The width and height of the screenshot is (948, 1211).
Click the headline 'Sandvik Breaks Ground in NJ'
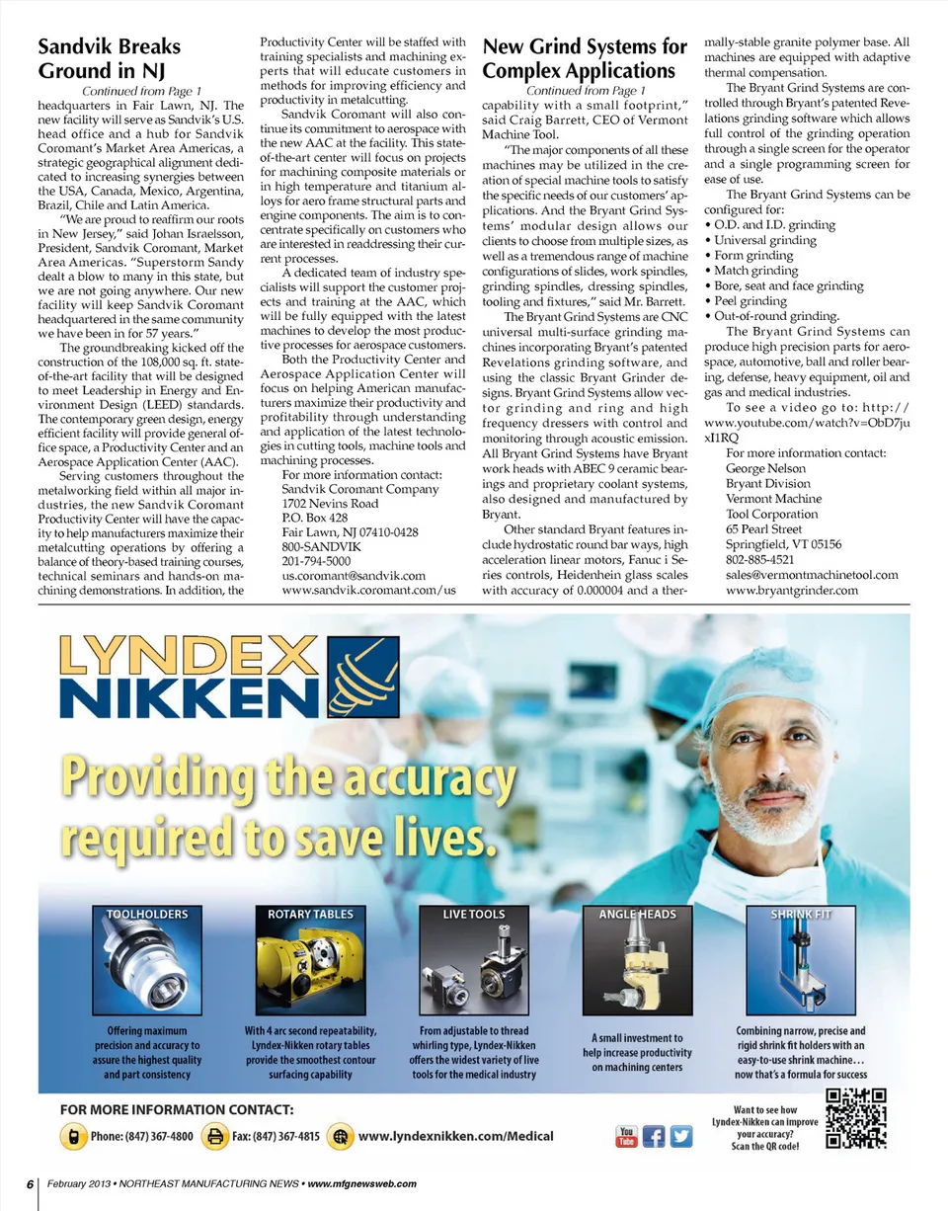point(109,58)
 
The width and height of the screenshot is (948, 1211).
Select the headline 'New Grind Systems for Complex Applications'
point(584,58)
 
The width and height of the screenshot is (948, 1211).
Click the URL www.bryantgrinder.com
point(792,591)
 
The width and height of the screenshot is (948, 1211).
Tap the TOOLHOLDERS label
point(147,915)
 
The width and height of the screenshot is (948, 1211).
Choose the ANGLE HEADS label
point(637,915)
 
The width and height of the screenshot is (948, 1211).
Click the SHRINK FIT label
point(801,915)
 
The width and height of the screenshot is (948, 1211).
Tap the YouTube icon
point(626,1137)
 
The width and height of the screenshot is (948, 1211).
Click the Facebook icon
point(654,1137)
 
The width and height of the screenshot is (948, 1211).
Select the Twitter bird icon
point(681,1137)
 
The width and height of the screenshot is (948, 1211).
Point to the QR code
point(856,1118)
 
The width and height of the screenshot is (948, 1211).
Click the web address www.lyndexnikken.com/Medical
point(455,1137)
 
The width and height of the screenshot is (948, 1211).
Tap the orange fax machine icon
point(213,1137)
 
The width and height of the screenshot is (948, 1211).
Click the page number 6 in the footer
point(31,1183)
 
